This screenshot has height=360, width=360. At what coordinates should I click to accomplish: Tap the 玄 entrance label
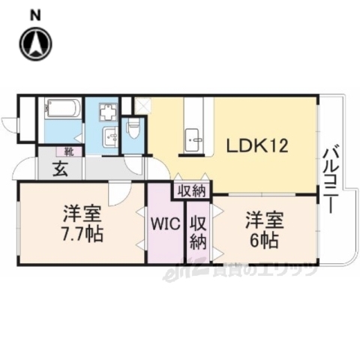[x=61, y=169]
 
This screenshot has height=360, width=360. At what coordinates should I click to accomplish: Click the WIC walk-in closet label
[x=164, y=223]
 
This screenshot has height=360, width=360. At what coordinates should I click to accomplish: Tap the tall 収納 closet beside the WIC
[x=197, y=232]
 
